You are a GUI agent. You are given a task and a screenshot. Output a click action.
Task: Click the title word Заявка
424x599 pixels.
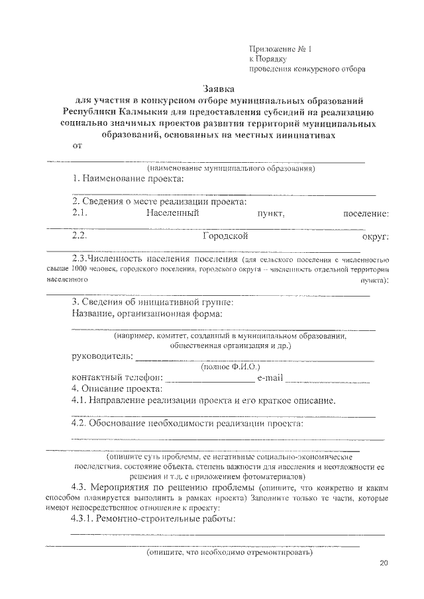219,89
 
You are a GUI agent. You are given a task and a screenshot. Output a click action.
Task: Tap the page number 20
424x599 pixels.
384,563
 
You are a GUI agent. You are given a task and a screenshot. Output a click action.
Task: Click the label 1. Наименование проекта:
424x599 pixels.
129,179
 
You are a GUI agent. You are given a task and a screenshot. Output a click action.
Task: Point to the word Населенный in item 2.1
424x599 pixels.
173,213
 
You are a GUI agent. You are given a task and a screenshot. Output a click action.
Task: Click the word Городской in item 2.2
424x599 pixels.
225,236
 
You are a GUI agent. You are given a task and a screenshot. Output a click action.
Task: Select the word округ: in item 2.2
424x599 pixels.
375,236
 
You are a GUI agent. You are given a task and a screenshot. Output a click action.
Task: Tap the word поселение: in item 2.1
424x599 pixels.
366,214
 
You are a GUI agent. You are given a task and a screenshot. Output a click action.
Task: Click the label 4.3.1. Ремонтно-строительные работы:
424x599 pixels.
154,519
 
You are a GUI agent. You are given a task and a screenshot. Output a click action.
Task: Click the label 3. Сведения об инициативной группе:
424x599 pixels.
152,302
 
